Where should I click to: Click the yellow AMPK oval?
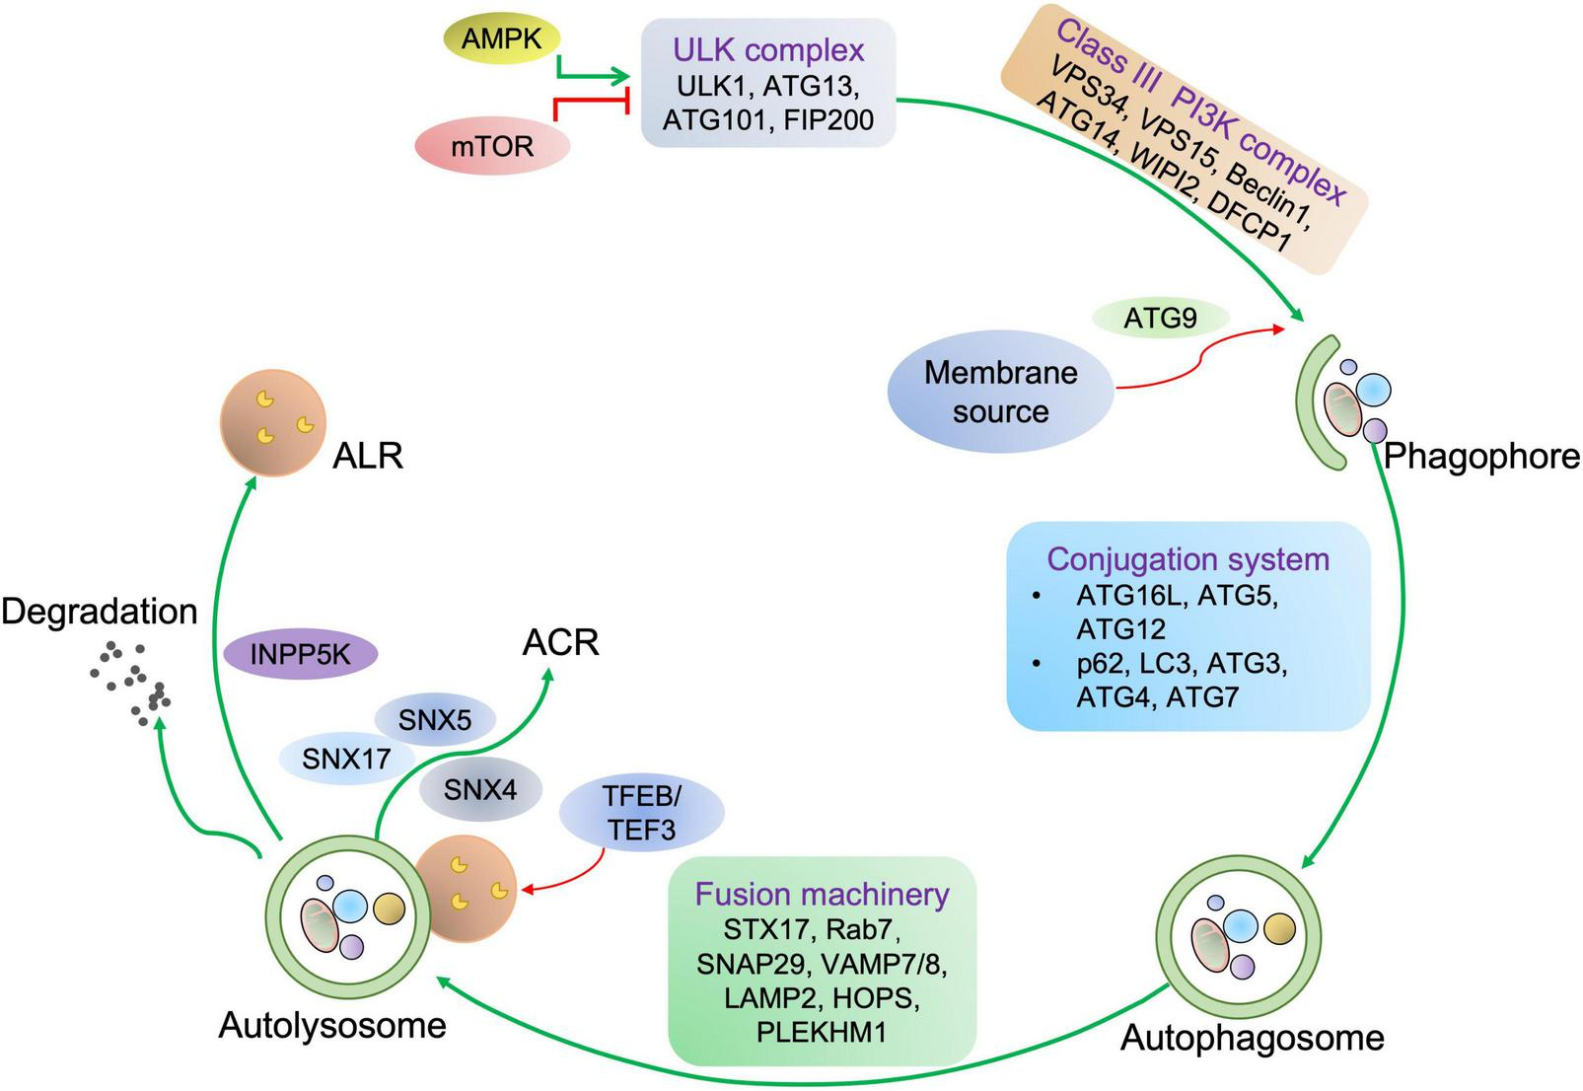(500, 40)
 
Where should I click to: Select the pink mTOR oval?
(492, 146)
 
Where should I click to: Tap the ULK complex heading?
(768, 49)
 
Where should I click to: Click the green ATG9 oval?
(1160, 318)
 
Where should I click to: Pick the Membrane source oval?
(1000, 392)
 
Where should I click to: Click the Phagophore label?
(1481, 456)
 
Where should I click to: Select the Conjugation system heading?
(1187, 559)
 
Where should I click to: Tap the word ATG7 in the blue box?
(1201, 697)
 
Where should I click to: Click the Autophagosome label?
(1252, 1038)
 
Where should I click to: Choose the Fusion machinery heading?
(822, 894)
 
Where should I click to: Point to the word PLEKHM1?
(822, 1032)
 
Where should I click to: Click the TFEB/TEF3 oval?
(641, 813)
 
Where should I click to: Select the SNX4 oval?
(479, 789)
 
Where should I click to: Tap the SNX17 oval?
(345, 759)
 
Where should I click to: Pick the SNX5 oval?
(435, 720)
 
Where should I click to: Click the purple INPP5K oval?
(300, 653)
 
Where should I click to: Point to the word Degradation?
(99, 612)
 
